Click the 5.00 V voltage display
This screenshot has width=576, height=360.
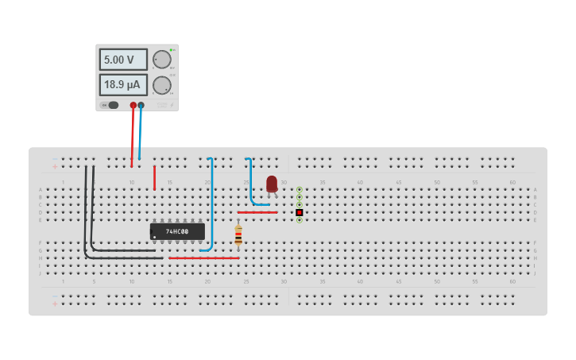tap(123, 60)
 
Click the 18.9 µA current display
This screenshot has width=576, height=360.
tap(123, 84)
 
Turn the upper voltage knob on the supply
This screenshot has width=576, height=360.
tap(162, 60)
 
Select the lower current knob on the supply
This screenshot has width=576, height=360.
tap(162, 85)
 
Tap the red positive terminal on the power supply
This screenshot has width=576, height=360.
tap(133, 105)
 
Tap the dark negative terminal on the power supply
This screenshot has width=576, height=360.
tap(141, 105)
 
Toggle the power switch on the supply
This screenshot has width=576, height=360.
tap(110, 105)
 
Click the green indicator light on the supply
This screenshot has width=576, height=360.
tap(171, 50)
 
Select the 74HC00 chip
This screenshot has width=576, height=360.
tap(177, 231)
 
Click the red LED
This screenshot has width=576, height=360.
tap(272, 184)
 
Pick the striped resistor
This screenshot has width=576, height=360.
tap(238, 234)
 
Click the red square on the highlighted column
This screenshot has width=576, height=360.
tap(300, 212)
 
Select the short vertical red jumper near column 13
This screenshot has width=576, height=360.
tap(154, 178)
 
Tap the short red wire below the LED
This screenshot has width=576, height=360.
tap(257, 212)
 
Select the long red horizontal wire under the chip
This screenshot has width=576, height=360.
tap(203, 257)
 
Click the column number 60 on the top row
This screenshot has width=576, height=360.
tap(512, 183)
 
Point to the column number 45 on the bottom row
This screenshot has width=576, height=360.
tap(398, 281)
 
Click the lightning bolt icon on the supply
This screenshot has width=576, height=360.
tap(171, 105)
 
